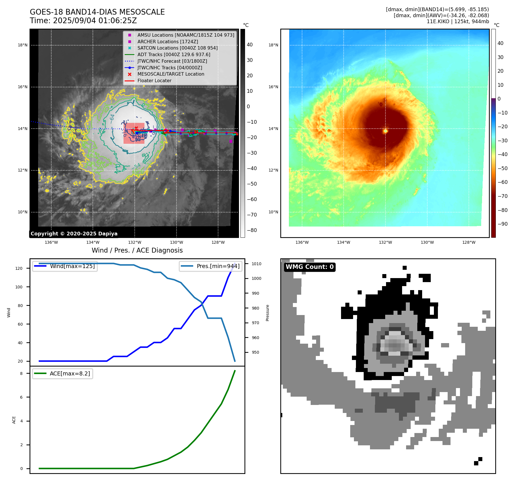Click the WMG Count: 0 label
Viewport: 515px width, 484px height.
pyautogui.click(x=310, y=267)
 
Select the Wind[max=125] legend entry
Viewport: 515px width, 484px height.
pyautogui.click(x=72, y=266)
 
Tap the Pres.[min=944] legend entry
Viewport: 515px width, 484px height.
pyautogui.click(x=218, y=266)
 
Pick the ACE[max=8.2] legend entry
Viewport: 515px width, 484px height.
pyautogui.click(x=70, y=373)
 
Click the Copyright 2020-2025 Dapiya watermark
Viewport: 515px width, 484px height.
pyautogui.click(x=74, y=234)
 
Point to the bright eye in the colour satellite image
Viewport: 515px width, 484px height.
pyautogui.click(x=385, y=131)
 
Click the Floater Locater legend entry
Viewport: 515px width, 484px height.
pyautogui.click(x=154, y=81)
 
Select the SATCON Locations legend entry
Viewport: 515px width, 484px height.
pyautogui.click(x=177, y=48)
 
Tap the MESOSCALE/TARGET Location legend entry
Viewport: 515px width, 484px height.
pyautogui.click(x=171, y=74)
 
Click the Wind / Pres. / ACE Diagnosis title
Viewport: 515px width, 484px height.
pyautogui.click(x=137, y=250)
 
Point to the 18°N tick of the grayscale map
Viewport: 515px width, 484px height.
pyautogui.click(x=23, y=45)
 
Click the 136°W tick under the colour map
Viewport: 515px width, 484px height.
pyautogui.click(x=302, y=242)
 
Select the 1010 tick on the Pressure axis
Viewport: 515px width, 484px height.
pyautogui.click(x=256, y=264)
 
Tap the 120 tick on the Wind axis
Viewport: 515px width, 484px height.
pyautogui.click(x=19, y=268)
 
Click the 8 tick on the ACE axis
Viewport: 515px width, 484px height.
pyautogui.click(x=21, y=373)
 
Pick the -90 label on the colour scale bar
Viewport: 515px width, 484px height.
pyautogui.click(x=502, y=224)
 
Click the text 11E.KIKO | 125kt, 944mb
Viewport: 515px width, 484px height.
pyautogui.click(x=458, y=21)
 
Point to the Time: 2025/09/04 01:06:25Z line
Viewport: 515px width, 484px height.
pyautogui.click(x=83, y=21)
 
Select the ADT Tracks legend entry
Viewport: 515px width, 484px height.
pyautogui.click(x=174, y=54)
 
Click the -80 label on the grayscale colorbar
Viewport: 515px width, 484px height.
pyautogui.click(x=252, y=230)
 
